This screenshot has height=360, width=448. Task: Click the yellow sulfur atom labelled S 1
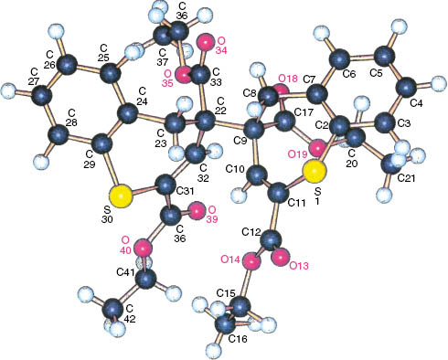pyautogui.click(x=313, y=170)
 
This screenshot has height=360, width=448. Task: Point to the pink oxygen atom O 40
pyautogui.click(x=143, y=247)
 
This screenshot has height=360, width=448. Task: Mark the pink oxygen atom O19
pyautogui.click(x=315, y=147)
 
